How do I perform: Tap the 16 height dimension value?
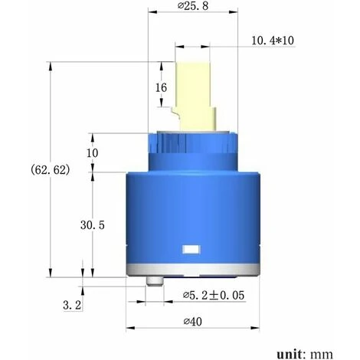point(161,87)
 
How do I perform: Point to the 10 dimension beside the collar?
point(93,152)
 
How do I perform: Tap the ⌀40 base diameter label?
point(192,322)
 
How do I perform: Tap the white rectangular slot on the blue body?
point(190,250)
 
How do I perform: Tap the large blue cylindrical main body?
point(191,214)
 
